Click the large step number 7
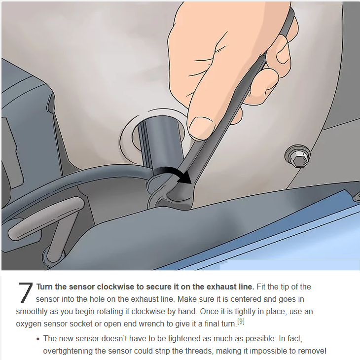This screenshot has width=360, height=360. (25, 292)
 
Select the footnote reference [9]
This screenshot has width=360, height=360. (241, 321)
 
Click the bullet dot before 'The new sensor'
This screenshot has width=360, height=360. (38, 339)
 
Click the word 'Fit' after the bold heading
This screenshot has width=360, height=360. (261, 287)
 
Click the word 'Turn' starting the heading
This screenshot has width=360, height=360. (44, 287)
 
